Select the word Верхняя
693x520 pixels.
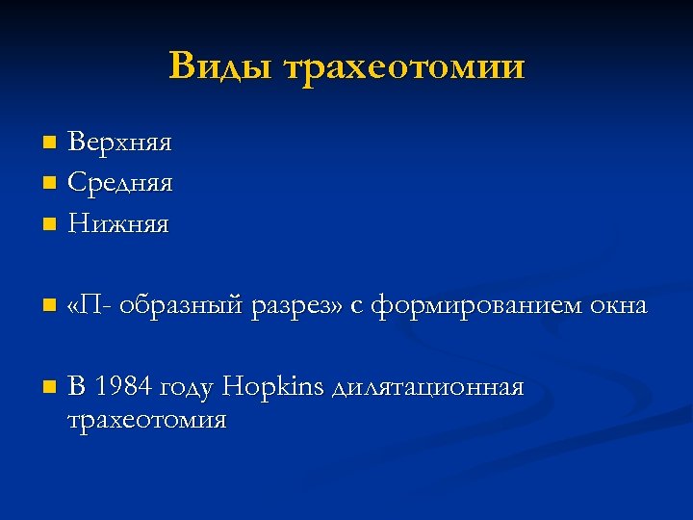[119, 143]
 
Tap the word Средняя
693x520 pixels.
[120, 181]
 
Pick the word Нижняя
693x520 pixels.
[117, 225]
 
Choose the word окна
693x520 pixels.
[616, 307]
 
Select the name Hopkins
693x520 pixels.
[273, 387]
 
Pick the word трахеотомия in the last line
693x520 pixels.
[147, 421]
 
